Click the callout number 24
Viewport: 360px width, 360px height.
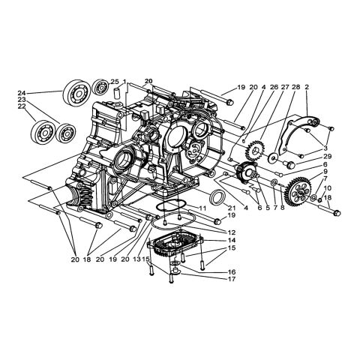click(22, 94)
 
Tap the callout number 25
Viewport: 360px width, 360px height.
click(114, 82)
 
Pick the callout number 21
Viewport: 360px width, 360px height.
click(232, 207)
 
